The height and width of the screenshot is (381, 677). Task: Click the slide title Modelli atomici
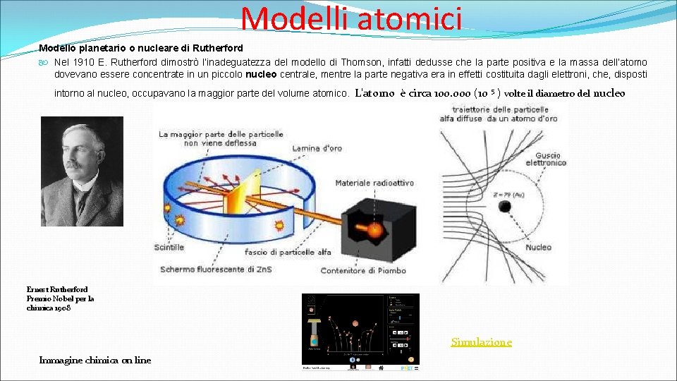tap(351, 18)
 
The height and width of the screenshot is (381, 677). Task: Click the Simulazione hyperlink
tap(482, 342)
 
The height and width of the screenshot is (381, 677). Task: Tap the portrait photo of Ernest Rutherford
tap(82, 171)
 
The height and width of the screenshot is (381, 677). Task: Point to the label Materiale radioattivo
tap(374, 183)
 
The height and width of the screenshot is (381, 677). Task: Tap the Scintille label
tap(169, 247)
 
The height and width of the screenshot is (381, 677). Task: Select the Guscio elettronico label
tap(550, 158)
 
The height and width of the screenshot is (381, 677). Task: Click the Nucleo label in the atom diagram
tap(538, 247)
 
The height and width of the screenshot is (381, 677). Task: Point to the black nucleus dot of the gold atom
tap(505, 207)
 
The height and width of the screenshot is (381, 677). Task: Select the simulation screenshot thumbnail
tap(360, 332)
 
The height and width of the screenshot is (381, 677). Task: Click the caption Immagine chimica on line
tap(95, 360)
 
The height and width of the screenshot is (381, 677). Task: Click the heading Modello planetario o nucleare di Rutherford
tap(141, 49)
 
